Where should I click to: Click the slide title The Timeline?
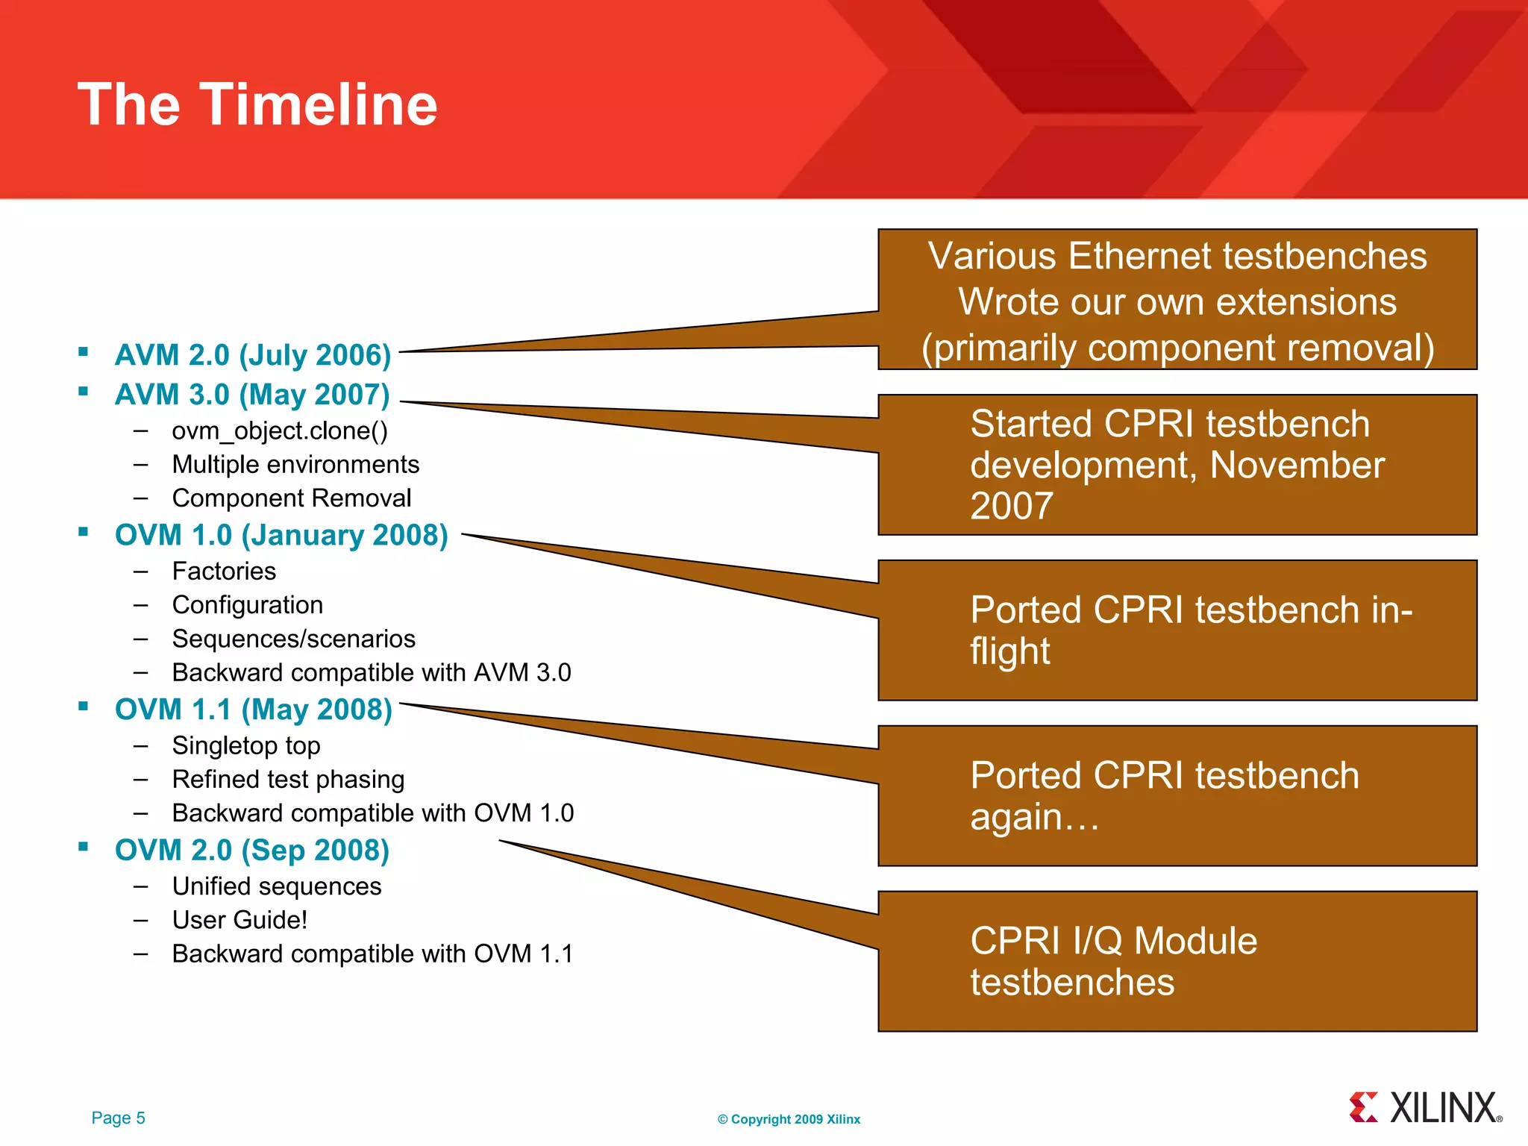coord(257,104)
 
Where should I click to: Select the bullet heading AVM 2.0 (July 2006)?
coord(253,355)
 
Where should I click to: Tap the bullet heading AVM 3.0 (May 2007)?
coord(252,395)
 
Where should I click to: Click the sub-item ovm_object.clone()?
coord(280,430)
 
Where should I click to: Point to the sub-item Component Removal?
coord(292,498)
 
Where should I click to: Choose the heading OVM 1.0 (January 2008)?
coord(281,535)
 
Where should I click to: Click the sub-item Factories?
coord(224,571)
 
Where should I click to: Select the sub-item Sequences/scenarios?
coord(293,639)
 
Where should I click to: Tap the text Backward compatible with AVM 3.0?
coord(371,672)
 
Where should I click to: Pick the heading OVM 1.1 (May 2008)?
coord(254,710)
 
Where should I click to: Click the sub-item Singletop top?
coord(246,745)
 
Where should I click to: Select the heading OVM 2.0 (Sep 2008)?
coord(252,850)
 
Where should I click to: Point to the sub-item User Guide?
coord(239,920)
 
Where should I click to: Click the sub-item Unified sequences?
coord(277,886)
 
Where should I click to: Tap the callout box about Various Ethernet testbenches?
coord(1177,300)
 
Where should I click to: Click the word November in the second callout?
coord(1297,465)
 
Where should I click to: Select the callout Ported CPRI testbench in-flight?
coord(1177,630)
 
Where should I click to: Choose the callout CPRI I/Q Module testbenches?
coord(1177,961)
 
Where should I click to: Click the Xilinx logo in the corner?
coord(1425,1108)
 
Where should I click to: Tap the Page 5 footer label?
coord(118,1118)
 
